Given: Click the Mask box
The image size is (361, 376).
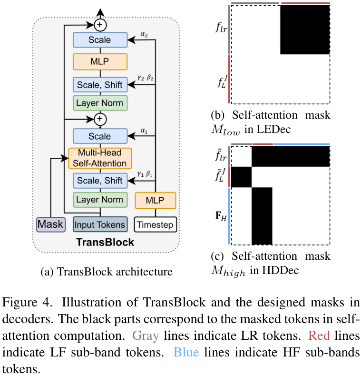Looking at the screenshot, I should pyautogui.click(x=50, y=224).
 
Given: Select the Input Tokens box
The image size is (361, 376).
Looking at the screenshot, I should pyautogui.click(x=100, y=224).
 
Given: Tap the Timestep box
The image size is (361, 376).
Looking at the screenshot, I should pyautogui.click(x=156, y=224).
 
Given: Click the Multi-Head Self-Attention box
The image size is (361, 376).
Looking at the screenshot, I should pyautogui.click(x=100, y=158).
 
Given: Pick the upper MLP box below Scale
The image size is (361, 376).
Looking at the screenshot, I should pyautogui.click(x=100, y=62).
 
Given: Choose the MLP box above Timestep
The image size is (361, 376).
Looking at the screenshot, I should pyautogui.click(x=156, y=200).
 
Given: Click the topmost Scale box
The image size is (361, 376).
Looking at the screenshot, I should pyautogui.click(x=100, y=40).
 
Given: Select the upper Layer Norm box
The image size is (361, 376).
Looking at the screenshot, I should pyautogui.click(x=100, y=103).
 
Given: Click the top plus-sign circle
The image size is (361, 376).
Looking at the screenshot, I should pyautogui.click(x=100, y=23).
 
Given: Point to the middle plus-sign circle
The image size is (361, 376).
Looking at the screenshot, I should pyautogui.click(x=100, y=118).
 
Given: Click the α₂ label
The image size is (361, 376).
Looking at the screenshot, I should pyautogui.click(x=145, y=34).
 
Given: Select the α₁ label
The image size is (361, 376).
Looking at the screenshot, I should pyautogui.click(x=145, y=129).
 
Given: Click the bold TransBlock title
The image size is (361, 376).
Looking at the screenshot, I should pyautogui.click(x=106, y=242).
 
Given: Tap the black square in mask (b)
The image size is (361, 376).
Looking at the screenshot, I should pyautogui.click(x=304, y=30).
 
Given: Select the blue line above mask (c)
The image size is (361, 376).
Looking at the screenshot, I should pyautogui.click(x=301, y=144).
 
